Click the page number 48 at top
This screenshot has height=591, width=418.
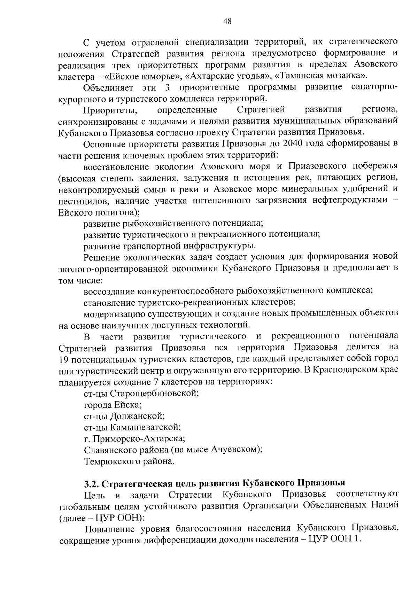pyautogui.click(x=227, y=21)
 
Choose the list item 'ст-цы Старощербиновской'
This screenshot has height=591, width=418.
pyautogui.click(x=141, y=394)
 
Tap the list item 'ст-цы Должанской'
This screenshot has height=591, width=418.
pyautogui.click(x=124, y=417)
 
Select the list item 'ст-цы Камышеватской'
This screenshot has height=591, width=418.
pyautogui.click(x=132, y=428)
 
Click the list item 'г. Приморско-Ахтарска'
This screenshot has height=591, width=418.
pyautogui.click(x=134, y=439)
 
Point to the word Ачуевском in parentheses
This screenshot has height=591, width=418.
pyautogui.click(x=233, y=450)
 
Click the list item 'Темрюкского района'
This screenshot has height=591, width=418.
pyautogui.click(x=129, y=461)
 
